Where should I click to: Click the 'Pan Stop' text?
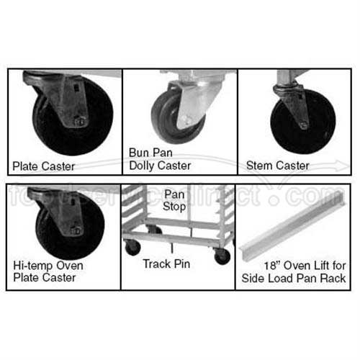(175, 201)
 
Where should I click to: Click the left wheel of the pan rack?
(132, 248)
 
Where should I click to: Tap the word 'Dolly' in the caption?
(143, 166)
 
